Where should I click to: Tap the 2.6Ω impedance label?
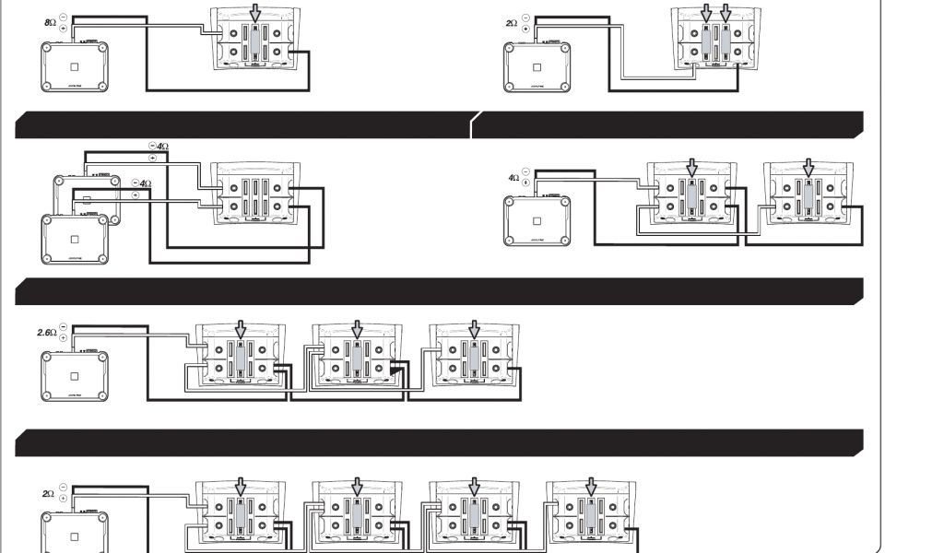click(46, 331)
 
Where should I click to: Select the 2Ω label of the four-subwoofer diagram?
click(48, 494)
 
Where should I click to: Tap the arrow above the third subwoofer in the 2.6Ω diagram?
click(475, 329)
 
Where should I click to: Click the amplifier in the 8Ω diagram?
click(75, 66)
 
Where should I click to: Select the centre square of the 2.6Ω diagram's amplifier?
click(75, 376)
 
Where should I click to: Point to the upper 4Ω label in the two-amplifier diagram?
click(161, 146)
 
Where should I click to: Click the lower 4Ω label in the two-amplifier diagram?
click(143, 183)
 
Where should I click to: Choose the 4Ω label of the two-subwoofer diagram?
click(513, 177)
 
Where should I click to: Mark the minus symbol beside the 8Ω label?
click(63, 18)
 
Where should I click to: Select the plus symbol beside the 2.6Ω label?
click(63, 336)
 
